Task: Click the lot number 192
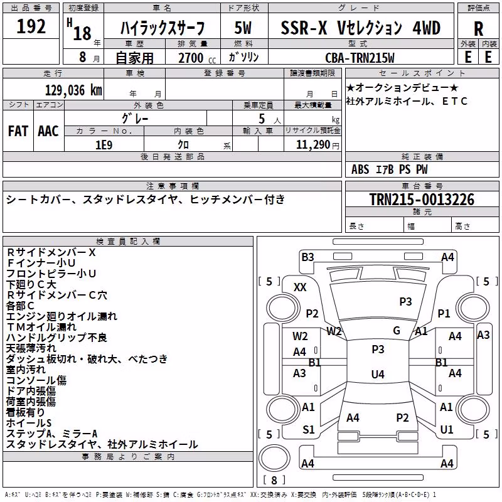[31, 26]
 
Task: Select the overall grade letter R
[478, 29]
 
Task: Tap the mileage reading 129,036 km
[73, 90]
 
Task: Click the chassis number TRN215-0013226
[422, 200]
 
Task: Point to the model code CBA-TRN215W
[360, 58]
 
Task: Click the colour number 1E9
[104, 145]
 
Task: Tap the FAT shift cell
[18, 131]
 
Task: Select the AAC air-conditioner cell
[48, 131]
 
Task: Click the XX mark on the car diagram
[300, 287]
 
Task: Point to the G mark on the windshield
[397, 330]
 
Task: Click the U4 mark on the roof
[378, 374]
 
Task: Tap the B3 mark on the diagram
[307, 257]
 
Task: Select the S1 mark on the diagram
[309, 429]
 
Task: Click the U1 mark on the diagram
[447, 429]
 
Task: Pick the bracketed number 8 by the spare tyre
[274, 480]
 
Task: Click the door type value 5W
[243, 28]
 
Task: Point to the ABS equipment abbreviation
[360, 169]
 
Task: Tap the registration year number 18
[82, 33]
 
